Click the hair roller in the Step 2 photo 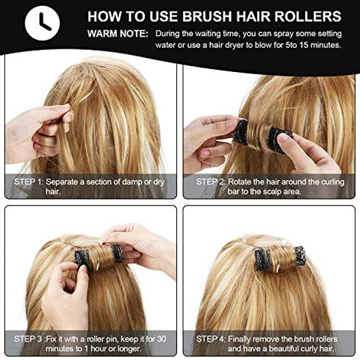258,134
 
